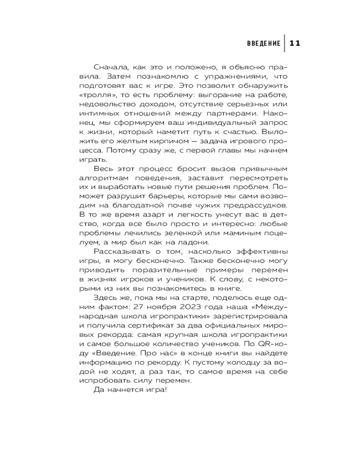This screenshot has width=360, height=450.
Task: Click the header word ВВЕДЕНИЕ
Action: pos(264,43)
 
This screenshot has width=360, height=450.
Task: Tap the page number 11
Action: pos(294,43)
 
